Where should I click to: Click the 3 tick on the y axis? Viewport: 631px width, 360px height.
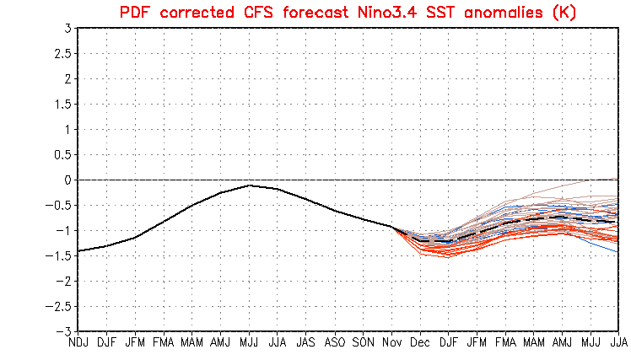(67, 29)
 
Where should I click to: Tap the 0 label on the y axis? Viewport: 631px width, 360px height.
(67, 180)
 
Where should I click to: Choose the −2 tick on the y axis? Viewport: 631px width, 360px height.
(64, 282)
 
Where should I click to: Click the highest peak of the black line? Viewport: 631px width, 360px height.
(249, 185)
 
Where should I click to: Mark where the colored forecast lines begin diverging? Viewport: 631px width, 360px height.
(393, 227)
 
